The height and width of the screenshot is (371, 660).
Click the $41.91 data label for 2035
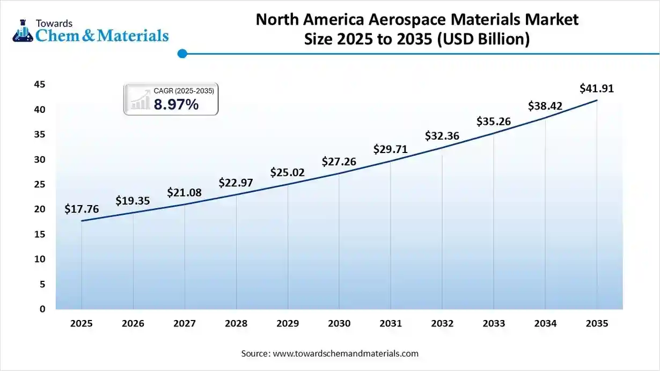(x=597, y=89)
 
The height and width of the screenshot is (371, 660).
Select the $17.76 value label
(x=82, y=209)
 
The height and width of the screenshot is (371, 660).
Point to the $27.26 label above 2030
(x=339, y=161)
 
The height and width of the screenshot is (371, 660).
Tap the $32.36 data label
(x=442, y=136)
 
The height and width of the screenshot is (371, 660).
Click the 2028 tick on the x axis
(x=236, y=324)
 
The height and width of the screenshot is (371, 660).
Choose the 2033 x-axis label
(x=494, y=324)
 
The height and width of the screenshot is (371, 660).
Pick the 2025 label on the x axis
(x=82, y=324)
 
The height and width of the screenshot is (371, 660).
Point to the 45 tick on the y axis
(x=40, y=85)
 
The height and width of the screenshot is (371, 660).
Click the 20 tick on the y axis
(x=40, y=209)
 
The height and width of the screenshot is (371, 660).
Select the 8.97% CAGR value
(x=176, y=105)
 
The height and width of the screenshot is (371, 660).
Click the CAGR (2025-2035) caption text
(x=184, y=91)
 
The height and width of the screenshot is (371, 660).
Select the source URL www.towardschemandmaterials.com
(x=346, y=354)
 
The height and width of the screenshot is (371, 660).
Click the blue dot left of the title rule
(x=182, y=53)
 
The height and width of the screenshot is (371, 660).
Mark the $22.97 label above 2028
(x=236, y=183)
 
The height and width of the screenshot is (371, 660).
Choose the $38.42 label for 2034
(x=545, y=106)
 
